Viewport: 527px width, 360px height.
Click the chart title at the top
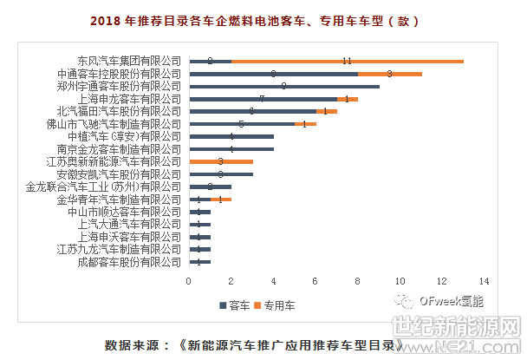(x=263, y=19)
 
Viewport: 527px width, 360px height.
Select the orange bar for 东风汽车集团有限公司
(x=347, y=62)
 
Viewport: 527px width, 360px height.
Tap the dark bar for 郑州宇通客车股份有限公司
(x=284, y=87)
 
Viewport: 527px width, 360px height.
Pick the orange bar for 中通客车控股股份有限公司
(x=389, y=75)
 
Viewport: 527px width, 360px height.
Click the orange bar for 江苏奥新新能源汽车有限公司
(x=220, y=161)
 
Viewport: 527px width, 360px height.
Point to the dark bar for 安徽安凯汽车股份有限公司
(x=220, y=174)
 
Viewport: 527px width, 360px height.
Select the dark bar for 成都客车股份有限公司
(x=199, y=261)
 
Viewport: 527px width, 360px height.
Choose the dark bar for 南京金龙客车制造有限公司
(x=231, y=149)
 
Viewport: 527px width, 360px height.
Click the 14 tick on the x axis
(x=484, y=281)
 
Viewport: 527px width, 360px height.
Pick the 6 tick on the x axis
(x=316, y=281)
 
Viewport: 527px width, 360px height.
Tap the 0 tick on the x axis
(x=189, y=281)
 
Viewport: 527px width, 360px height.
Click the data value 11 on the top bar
(x=347, y=62)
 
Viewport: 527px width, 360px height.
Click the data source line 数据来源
(x=254, y=344)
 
